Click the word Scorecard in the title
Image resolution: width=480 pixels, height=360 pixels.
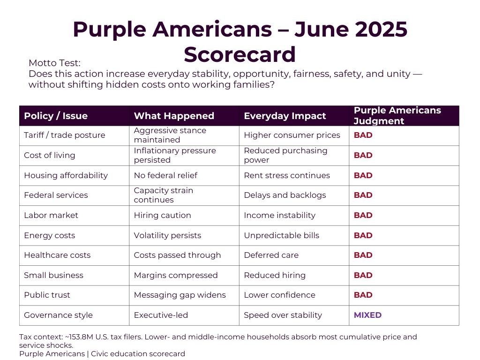click(x=240, y=54)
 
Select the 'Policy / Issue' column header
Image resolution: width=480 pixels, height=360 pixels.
click(x=56, y=116)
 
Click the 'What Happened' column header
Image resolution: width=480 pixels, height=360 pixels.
click(x=174, y=116)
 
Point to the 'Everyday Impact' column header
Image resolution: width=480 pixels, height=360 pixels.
click(x=285, y=116)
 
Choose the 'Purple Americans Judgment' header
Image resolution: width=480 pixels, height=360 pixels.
click(x=397, y=116)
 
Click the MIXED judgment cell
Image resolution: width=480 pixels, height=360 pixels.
click(x=367, y=315)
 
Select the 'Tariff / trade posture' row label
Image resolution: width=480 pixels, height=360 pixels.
click(x=65, y=135)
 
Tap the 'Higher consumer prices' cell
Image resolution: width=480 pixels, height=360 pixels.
click(x=292, y=135)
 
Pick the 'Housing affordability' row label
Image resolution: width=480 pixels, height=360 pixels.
click(x=66, y=175)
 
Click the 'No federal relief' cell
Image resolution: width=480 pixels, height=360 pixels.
click(x=165, y=175)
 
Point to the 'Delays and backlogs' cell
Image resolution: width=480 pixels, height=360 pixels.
click(x=285, y=195)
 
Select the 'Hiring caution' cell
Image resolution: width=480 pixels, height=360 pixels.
click(x=162, y=215)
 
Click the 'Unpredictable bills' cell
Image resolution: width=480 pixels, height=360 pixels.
click(x=281, y=235)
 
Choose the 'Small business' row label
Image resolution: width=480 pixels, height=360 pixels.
click(x=53, y=275)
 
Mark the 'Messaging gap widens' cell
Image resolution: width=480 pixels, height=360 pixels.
click(x=180, y=295)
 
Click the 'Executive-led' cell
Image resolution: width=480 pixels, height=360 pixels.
click(x=161, y=315)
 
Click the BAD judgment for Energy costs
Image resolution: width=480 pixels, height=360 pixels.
click(x=363, y=235)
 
